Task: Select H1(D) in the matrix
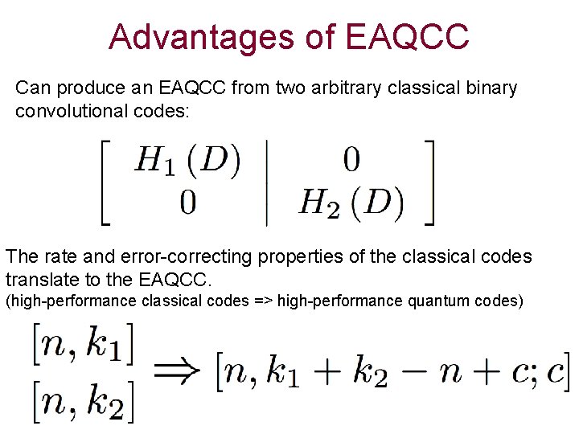187,161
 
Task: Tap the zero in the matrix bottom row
187,202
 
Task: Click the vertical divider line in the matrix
267,182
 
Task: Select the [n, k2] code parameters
83,401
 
